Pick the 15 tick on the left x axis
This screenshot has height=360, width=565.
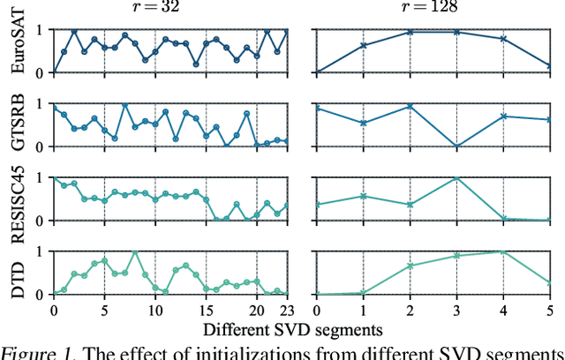coord(206,311)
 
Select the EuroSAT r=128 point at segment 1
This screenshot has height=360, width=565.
coord(364,45)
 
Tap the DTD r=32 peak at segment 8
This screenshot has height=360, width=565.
coord(134,251)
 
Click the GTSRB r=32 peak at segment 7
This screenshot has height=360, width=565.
coord(124,104)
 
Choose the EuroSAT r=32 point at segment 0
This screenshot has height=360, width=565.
coord(54,72)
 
